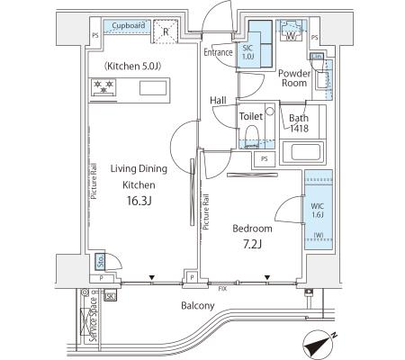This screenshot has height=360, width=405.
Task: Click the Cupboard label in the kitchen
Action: click(x=129, y=26)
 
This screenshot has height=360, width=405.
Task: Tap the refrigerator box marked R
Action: click(x=166, y=31)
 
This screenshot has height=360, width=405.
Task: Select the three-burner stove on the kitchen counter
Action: click(x=103, y=87)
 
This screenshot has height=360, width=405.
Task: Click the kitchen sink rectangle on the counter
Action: click(x=153, y=88)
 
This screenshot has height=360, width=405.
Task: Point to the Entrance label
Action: click(x=218, y=52)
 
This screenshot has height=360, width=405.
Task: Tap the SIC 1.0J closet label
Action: click(x=247, y=52)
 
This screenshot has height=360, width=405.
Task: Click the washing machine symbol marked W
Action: click(x=291, y=31)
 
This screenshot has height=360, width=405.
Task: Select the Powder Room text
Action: click(x=294, y=78)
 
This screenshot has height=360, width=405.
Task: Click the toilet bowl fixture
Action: click(x=252, y=136)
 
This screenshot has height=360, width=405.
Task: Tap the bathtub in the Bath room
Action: click(x=303, y=152)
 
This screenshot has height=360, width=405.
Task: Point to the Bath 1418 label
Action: click(x=299, y=123)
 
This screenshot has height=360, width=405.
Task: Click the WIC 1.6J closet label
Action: click(x=318, y=211)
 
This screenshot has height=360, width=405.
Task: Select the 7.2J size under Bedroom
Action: click(x=252, y=245)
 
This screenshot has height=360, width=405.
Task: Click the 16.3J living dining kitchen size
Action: click(x=139, y=201)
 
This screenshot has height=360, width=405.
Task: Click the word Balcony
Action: click(x=198, y=306)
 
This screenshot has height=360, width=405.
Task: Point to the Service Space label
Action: click(x=93, y=319)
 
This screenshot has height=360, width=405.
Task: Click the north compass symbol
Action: click(x=318, y=345)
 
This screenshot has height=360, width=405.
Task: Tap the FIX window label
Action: click(x=222, y=289)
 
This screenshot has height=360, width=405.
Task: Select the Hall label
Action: click(x=218, y=100)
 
